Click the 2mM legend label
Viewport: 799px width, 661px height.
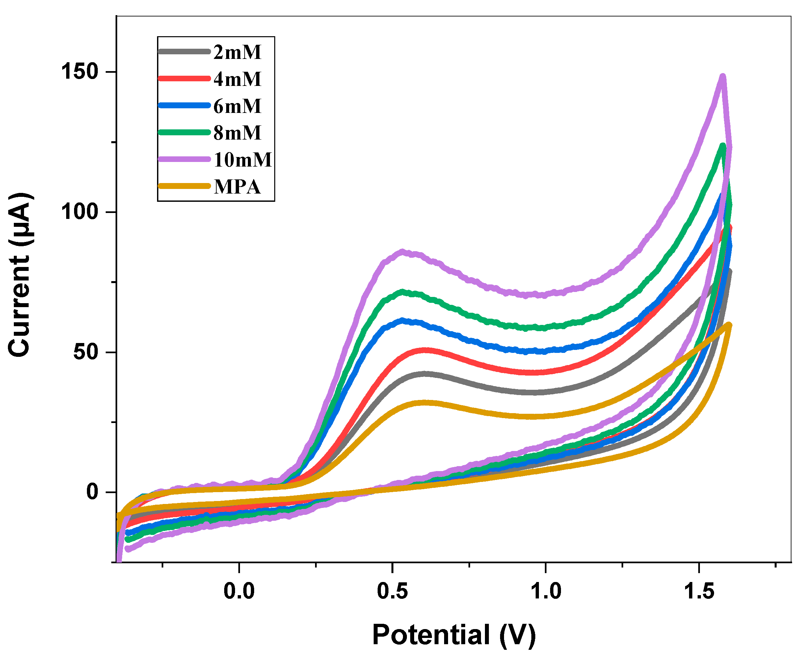(237, 52)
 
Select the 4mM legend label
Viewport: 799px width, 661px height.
(237, 79)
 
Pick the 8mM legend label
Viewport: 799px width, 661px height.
(237, 132)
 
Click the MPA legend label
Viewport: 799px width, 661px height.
(237, 186)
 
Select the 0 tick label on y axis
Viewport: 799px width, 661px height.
(93, 492)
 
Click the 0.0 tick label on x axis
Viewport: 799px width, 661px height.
(239, 591)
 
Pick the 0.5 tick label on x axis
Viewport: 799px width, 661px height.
(392, 591)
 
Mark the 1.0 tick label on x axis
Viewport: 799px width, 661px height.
(546, 591)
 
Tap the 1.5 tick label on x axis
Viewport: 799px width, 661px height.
(699, 591)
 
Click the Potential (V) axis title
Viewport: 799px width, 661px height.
(454, 635)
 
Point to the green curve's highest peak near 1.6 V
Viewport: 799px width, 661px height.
(723, 145)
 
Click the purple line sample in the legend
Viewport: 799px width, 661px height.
(184, 159)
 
